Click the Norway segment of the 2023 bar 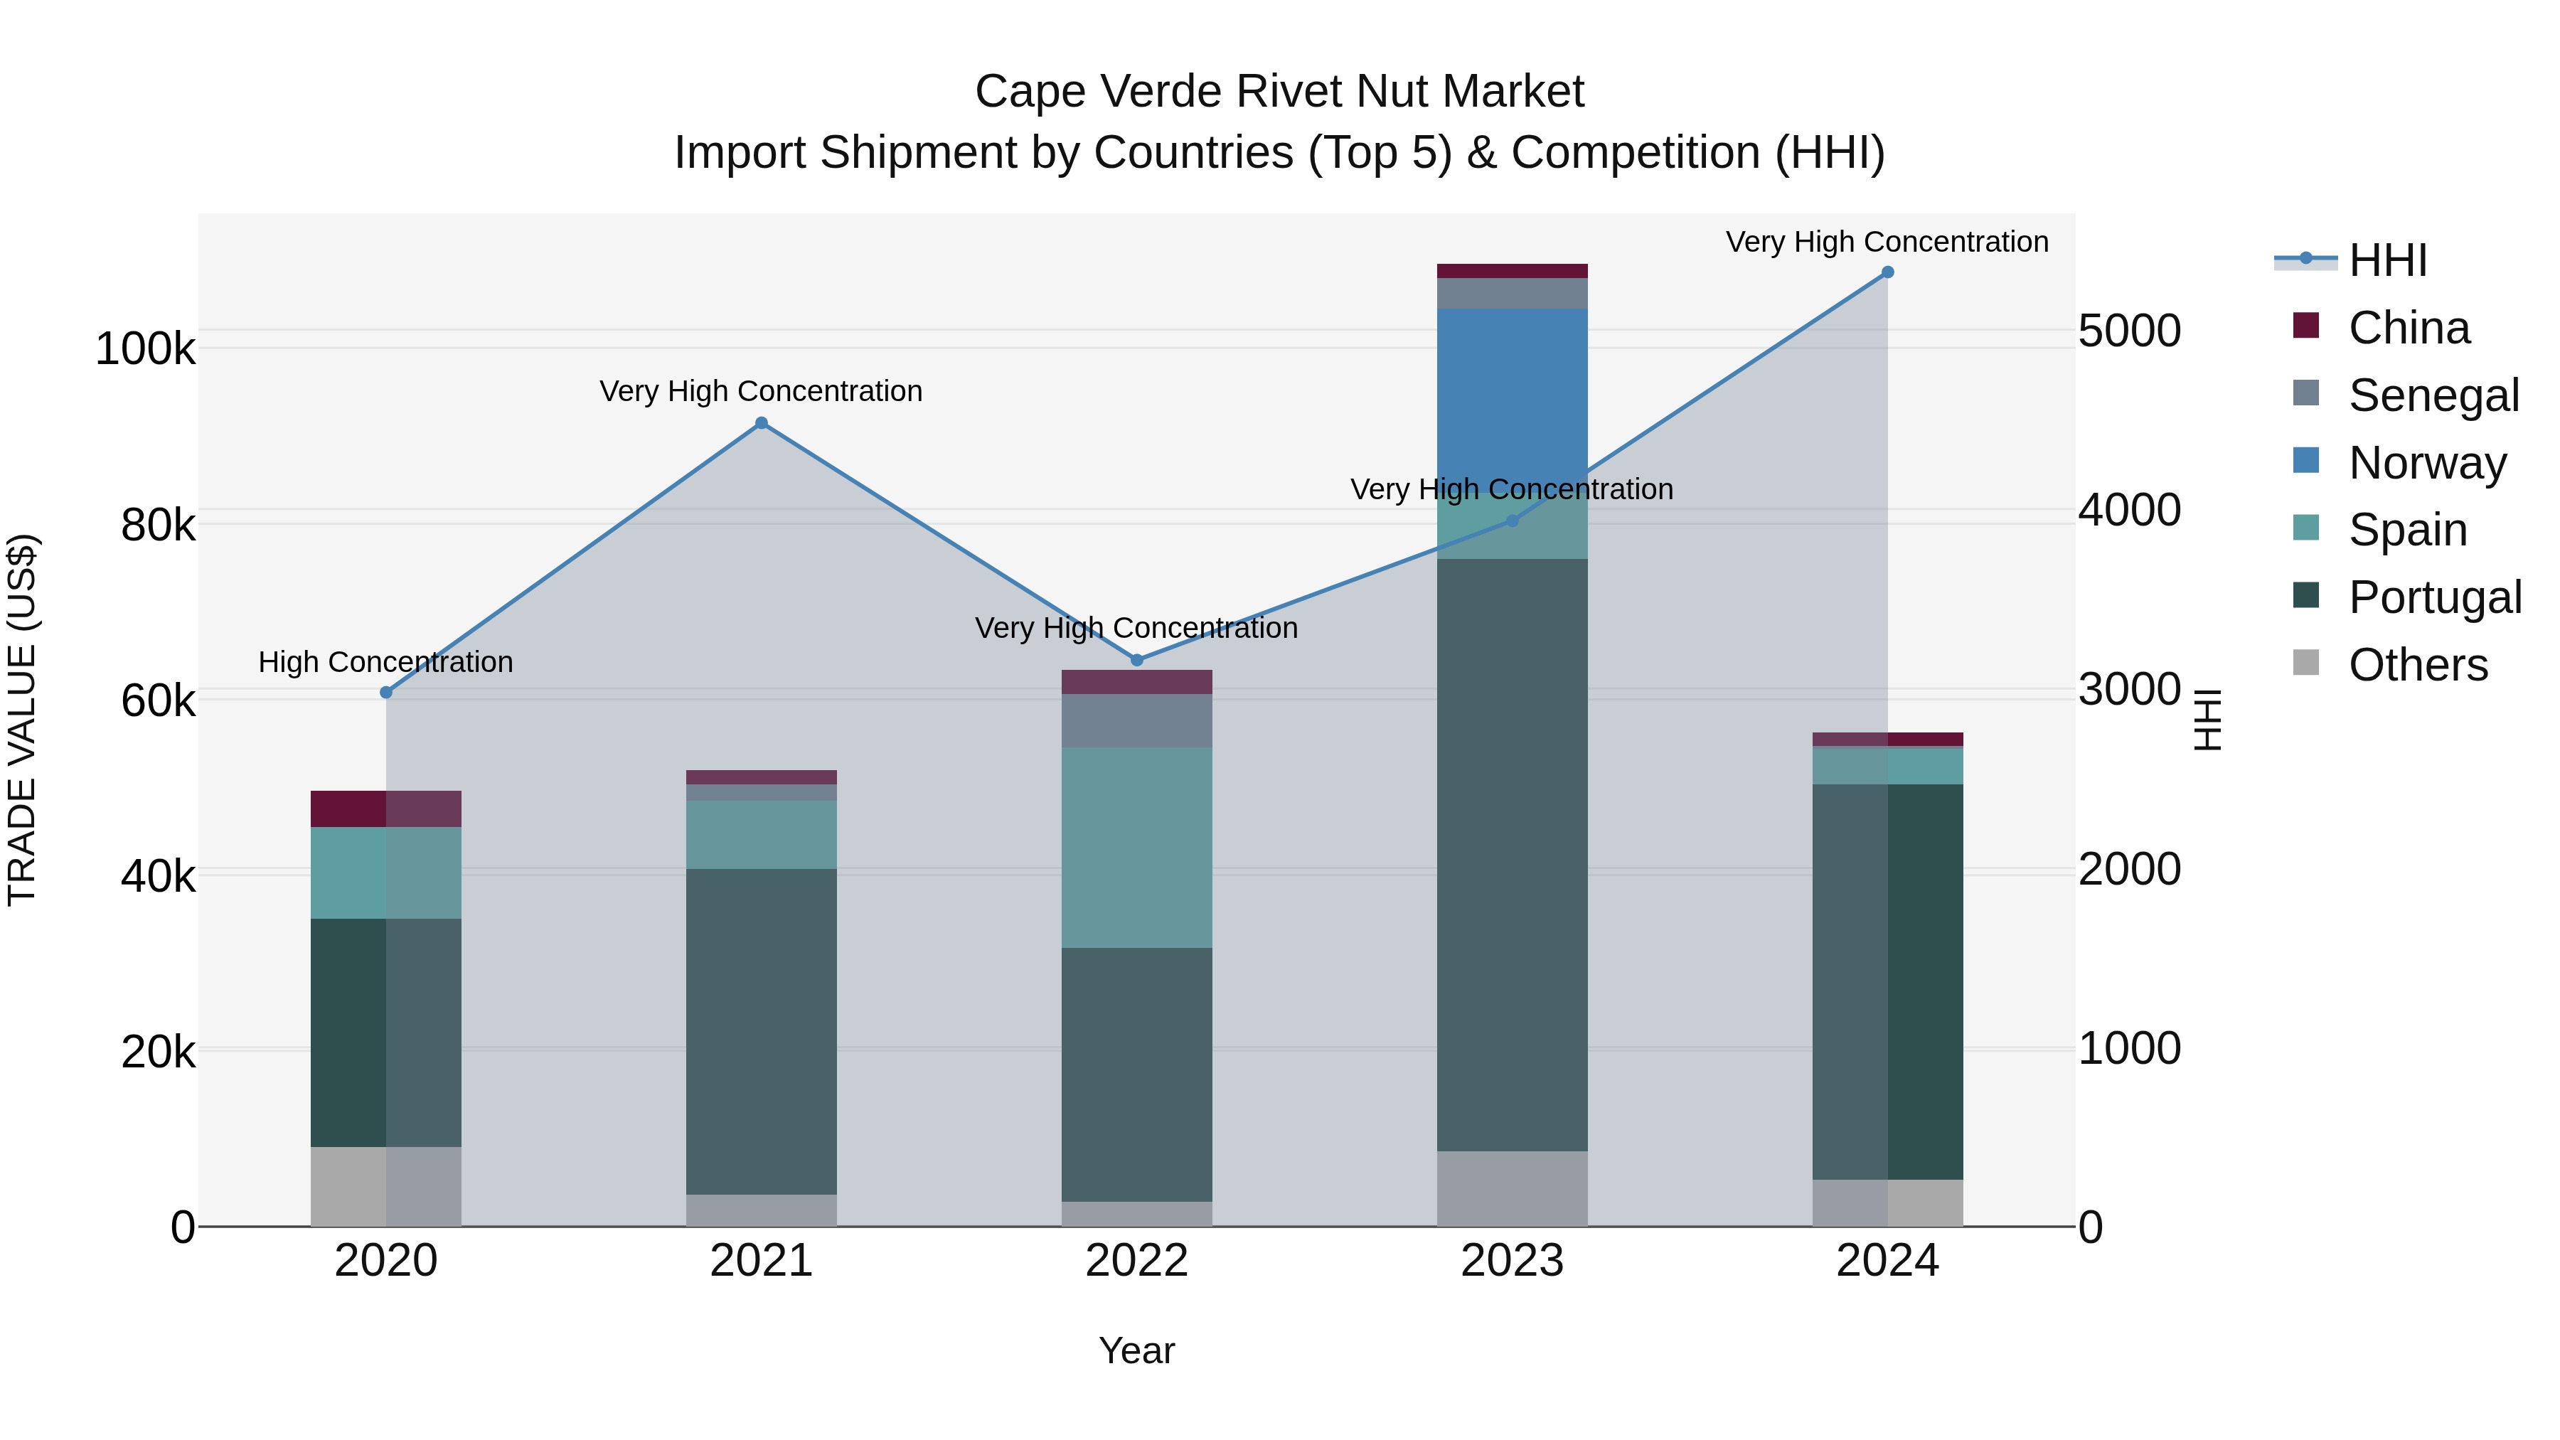(x=1512, y=398)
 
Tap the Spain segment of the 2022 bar (x=1137, y=847)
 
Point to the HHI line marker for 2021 (x=761, y=423)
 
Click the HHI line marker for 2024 (x=1887, y=272)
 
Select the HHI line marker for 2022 (x=1137, y=660)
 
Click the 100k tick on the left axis (x=145, y=350)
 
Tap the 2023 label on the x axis (x=1512, y=1261)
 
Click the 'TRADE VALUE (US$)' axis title (x=22, y=720)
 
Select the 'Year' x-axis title (x=1137, y=1350)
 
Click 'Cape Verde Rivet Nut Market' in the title (x=1279, y=92)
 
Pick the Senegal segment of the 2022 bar (x=1137, y=720)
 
